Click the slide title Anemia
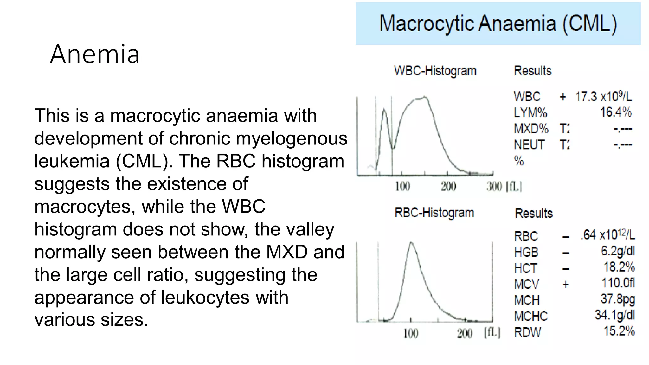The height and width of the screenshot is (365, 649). pyautogui.click(x=94, y=54)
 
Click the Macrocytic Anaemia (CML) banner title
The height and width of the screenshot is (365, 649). pyautogui.click(x=498, y=24)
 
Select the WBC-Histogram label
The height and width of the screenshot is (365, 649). pyautogui.click(x=435, y=71)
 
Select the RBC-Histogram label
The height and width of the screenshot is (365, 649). pyautogui.click(x=434, y=213)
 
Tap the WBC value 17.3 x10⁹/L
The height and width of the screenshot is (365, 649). pyautogui.click(x=603, y=97)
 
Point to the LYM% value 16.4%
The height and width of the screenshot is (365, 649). pyautogui.click(x=616, y=112)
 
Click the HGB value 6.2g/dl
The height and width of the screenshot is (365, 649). pyautogui.click(x=618, y=251)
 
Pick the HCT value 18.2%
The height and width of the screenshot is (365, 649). pyautogui.click(x=619, y=267)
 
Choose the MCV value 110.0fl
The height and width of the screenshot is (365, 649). pyautogui.click(x=618, y=283)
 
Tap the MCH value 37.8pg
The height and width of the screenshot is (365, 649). pyautogui.click(x=618, y=299)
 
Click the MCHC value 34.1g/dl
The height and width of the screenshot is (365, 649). pyautogui.click(x=615, y=315)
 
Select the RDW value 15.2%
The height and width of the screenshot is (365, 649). pyautogui.click(x=619, y=331)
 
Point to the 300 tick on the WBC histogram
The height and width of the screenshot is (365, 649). pyautogui.click(x=494, y=187)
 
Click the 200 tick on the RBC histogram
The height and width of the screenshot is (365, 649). pyautogui.click(x=465, y=333)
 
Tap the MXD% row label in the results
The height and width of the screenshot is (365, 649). pyautogui.click(x=531, y=129)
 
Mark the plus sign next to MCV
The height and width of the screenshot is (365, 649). pyautogui.click(x=566, y=284)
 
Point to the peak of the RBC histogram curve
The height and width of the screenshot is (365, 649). pyautogui.click(x=411, y=243)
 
